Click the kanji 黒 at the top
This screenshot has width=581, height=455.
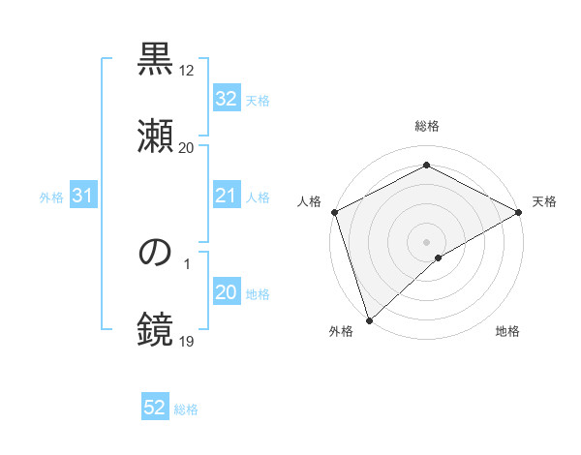155,60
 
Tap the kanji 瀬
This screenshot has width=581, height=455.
155,135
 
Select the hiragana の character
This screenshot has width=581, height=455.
155,254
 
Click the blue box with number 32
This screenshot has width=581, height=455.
226,99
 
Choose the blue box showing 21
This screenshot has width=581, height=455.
226,197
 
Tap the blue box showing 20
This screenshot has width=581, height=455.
226,293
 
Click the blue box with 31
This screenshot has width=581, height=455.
82,197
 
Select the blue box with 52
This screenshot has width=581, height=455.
155,408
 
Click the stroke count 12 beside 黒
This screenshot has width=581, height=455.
186,71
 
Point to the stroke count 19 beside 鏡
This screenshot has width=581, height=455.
186,341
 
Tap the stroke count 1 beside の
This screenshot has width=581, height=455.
186,264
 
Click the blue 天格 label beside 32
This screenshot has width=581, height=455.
258,100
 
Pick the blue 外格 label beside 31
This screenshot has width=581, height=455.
51,197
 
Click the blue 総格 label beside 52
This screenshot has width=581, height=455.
186,409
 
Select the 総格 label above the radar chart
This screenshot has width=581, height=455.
426,127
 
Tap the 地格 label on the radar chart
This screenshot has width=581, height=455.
507,332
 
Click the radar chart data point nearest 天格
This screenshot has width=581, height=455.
519,212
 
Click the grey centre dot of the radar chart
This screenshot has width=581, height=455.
426,241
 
